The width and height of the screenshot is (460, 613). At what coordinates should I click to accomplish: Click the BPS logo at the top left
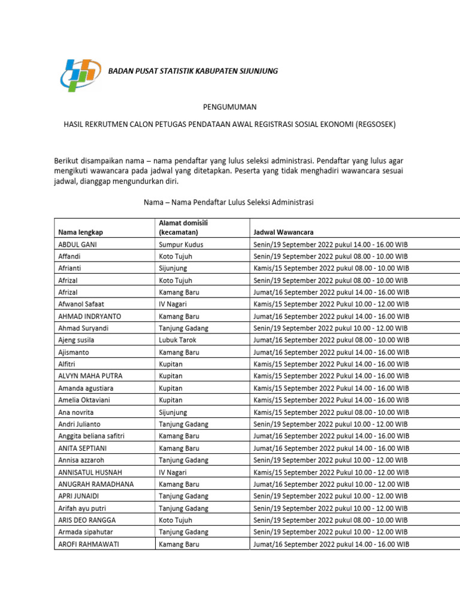81,73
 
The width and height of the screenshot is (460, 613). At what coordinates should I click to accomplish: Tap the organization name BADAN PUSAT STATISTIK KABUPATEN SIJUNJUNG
192,71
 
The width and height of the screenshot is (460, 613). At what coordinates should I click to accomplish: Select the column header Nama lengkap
80,232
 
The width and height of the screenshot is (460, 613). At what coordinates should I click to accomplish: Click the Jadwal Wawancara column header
283,232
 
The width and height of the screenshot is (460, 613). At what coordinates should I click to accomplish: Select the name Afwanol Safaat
81,304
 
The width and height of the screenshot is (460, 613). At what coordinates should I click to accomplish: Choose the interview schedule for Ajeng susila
331,340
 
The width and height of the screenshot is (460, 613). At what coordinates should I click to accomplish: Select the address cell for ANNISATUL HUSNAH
173,472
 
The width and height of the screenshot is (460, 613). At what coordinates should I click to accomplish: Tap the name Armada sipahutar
86,532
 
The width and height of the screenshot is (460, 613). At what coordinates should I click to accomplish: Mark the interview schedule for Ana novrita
331,412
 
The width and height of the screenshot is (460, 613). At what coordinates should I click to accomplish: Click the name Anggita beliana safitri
91,436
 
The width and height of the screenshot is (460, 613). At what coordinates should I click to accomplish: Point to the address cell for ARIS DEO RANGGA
175,520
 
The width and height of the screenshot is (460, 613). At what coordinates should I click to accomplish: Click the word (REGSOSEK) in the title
376,125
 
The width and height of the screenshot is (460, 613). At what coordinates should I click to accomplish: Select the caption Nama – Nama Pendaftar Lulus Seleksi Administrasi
228,202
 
